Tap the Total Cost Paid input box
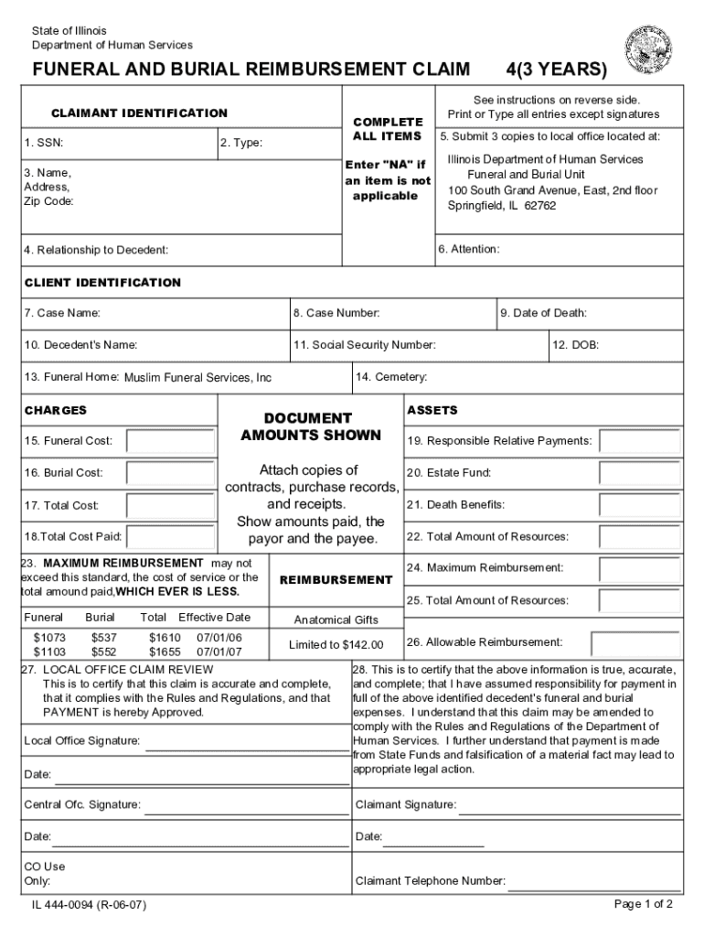(170, 537)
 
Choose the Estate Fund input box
(639, 473)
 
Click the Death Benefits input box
(639, 505)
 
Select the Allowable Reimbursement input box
(639, 642)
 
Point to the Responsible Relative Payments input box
(639, 441)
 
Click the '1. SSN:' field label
(44, 143)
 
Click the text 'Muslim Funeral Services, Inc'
(197, 378)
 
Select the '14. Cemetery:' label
(391, 377)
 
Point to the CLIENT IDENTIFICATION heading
(102, 283)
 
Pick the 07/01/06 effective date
(219, 637)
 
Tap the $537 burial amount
(104, 637)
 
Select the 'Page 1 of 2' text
(644, 904)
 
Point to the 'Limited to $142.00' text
(336, 645)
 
